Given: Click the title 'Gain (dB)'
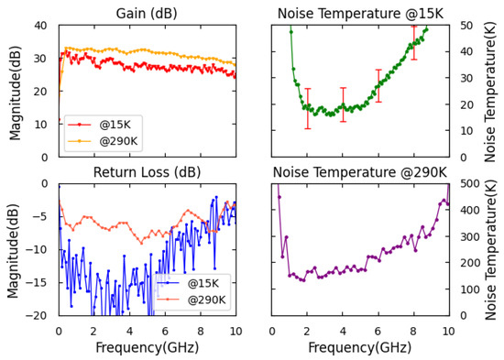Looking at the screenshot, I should (x=147, y=12).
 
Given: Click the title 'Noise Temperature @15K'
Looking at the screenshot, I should (x=360, y=12).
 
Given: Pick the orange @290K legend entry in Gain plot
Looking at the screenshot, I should (x=101, y=141).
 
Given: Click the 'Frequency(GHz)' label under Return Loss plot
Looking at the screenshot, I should (x=147, y=349).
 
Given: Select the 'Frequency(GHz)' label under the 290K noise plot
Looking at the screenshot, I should (x=360, y=349).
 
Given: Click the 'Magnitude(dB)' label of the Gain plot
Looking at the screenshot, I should (x=14, y=91).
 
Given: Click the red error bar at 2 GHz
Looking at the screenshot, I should (x=308, y=108).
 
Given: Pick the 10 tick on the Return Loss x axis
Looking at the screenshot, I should (x=236, y=330).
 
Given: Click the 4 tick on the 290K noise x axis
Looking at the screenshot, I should (x=343, y=330).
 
